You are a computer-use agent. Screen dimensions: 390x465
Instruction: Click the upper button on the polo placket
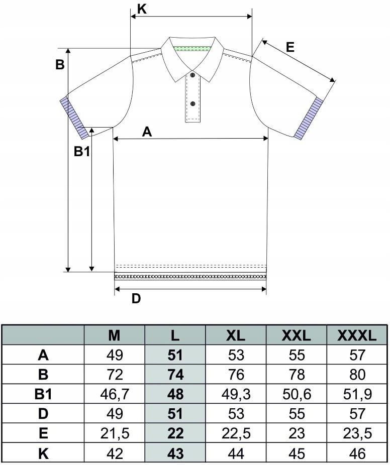click(192, 75)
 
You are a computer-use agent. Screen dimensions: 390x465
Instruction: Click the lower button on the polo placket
click(192, 103)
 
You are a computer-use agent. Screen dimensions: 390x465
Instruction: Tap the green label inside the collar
click(192, 49)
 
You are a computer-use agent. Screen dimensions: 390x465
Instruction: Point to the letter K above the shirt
click(142, 9)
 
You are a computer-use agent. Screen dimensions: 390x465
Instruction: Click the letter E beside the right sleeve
click(290, 47)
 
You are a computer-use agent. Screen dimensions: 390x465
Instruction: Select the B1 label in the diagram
click(81, 152)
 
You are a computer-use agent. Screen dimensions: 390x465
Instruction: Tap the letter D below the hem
click(136, 299)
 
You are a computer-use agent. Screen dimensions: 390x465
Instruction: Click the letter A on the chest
click(147, 132)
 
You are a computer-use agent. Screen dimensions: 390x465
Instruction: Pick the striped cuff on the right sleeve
click(309, 119)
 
